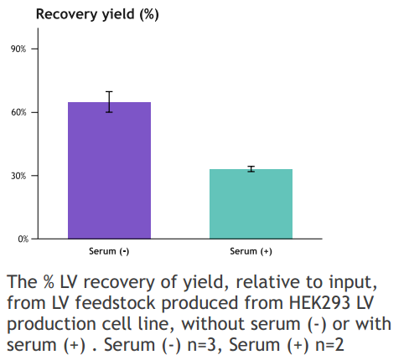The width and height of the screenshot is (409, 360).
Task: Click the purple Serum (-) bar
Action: click(109, 171)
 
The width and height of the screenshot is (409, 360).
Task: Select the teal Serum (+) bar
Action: click(251, 204)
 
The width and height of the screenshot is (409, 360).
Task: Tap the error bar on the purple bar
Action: click(109, 102)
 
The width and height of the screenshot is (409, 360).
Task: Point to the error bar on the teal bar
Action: click(251, 169)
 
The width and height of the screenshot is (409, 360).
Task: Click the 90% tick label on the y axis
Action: click(18, 49)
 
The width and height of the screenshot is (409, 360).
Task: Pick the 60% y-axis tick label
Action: click(18, 112)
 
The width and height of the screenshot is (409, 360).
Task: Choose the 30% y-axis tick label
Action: click(18, 176)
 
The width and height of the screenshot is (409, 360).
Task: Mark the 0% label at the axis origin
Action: click(23, 239)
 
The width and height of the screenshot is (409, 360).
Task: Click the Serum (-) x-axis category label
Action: click(109, 251)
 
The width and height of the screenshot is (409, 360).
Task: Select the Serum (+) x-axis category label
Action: click(251, 251)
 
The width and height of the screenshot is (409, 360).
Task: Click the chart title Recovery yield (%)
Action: click(97, 14)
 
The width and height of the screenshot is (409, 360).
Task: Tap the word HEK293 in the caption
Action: click(319, 303)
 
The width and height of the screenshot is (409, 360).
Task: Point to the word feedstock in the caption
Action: click(115, 303)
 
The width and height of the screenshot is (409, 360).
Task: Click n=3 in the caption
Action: click(201, 345)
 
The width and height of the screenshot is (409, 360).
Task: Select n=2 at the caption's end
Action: click(329, 345)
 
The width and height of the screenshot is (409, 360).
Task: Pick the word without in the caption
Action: click(213, 324)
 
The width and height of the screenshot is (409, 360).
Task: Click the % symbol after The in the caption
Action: click(49, 282)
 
